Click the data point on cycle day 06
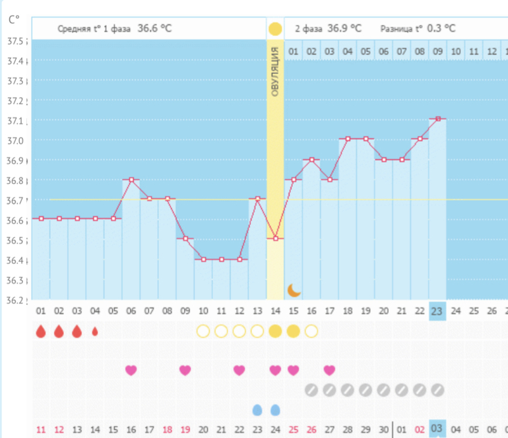coord(131,179)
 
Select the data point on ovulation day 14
coord(275,238)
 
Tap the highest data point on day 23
coord(437,119)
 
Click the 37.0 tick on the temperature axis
coord(15,141)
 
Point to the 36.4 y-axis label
coord(15,260)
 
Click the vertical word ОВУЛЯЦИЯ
coord(275,72)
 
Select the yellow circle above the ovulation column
coord(275,29)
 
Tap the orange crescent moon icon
coord(294,290)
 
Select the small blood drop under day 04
coord(95,331)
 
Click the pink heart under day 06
coord(131,370)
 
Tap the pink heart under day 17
coord(329,370)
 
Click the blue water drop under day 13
coord(257,410)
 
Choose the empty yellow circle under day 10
coord(203,331)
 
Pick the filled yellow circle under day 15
coord(294,331)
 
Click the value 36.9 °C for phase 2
coord(346,28)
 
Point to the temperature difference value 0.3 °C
coord(440,28)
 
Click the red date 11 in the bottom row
coord(41,430)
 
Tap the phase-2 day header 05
coord(365,51)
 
